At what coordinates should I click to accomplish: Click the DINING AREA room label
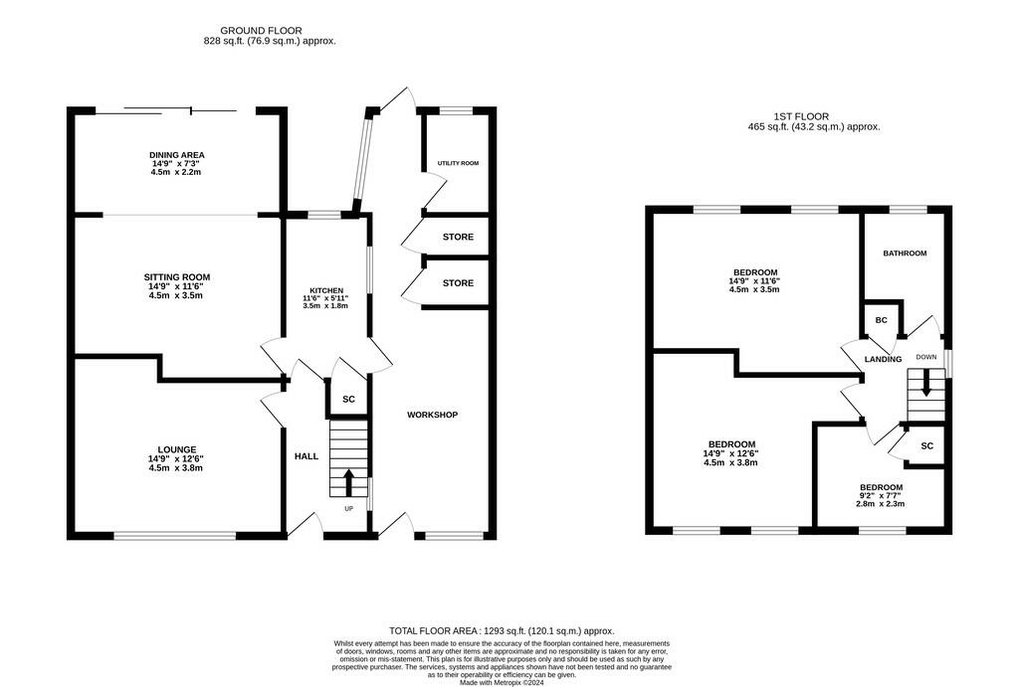coord(177,155)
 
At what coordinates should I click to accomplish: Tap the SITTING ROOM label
coord(177,277)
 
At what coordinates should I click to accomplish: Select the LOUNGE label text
coord(177,449)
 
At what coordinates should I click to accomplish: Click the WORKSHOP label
coord(432,415)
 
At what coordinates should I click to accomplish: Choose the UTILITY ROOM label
coord(458,163)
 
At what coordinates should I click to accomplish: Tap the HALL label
coord(306,456)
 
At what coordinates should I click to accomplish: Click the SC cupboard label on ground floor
coord(348,400)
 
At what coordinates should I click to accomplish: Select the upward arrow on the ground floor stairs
coord(348,481)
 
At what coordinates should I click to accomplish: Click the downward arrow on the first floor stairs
coord(926,383)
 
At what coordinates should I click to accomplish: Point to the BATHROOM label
coord(905,254)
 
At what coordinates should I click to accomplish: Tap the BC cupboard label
coord(881,321)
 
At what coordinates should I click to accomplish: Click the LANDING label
coord(883,359)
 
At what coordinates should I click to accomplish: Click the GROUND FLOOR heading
coord(261,31)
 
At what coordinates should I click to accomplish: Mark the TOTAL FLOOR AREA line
coord(502,631)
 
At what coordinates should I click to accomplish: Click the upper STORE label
coord(458,238)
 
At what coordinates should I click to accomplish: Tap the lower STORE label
coord(458,283)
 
